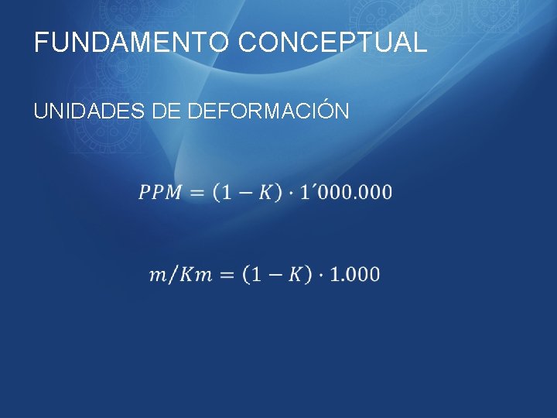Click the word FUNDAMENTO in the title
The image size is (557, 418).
132,43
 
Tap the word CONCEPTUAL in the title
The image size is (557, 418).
333,43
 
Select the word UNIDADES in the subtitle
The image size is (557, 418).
87,111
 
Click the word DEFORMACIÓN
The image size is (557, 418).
268,111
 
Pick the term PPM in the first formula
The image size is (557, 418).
161,192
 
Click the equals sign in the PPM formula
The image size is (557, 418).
198,192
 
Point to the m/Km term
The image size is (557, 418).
180,274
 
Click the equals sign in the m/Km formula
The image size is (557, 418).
227,274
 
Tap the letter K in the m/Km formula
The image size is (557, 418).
294,274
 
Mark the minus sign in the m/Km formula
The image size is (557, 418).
274,274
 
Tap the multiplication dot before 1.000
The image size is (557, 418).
320,274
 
